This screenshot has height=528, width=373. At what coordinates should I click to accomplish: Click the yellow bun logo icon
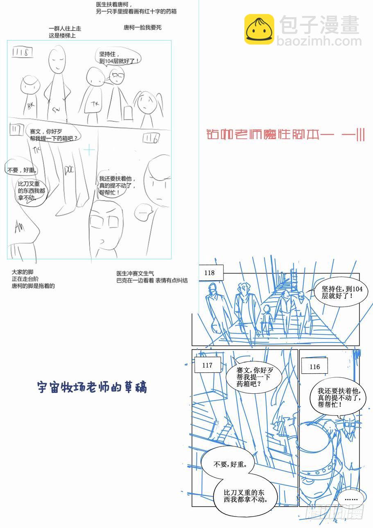click(259, 29)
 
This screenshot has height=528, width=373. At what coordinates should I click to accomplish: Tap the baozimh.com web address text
click(319, 41)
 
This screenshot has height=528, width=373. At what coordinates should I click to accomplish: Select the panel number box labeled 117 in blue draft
click(208, 365)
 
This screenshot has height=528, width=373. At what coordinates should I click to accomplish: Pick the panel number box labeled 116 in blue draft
click(314, 367)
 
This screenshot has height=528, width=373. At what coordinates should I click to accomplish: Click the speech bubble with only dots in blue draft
click(351, 499)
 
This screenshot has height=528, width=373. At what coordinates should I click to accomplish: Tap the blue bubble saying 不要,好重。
click(228, 465)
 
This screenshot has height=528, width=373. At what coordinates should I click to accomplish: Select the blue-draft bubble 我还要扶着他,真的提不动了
click(339, 398)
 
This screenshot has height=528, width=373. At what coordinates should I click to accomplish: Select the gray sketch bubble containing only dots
click(143, 212)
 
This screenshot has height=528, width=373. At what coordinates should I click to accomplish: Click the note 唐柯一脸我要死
click(142, 27)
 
